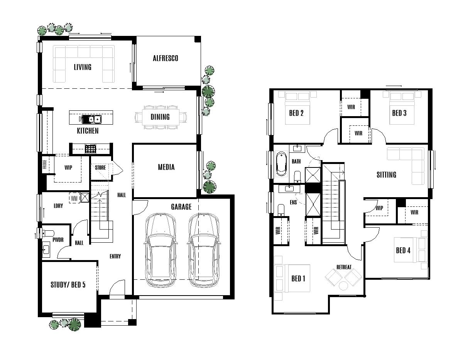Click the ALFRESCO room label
pos(166,58)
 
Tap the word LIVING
pos(83,67)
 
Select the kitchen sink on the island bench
pos(91,119)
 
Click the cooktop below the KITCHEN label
pos(90,149)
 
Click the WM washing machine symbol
pos(74,198)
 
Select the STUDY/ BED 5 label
pos(68,285)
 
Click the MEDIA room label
pos(166,167)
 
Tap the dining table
pos(160,117)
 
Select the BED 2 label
pos(296,113)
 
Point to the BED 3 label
pos(399,113)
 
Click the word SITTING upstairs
pos(386,175)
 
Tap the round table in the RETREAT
pos(343,286)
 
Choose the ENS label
pos(293,202)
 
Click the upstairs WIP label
pos(379,208)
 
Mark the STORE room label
pos(100,168)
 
